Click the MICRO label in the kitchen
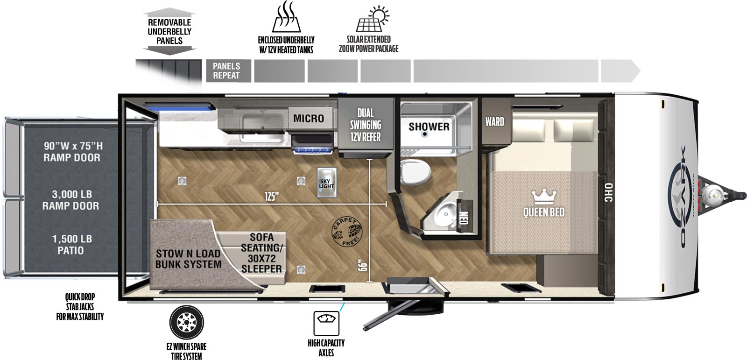309,119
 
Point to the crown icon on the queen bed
543,196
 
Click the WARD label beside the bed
494,122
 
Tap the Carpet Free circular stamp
346,231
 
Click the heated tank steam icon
286,17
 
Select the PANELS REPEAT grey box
226,71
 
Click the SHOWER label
429,127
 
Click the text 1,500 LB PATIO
71,245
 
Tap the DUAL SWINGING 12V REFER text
366,125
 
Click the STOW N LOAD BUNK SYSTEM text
188,259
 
